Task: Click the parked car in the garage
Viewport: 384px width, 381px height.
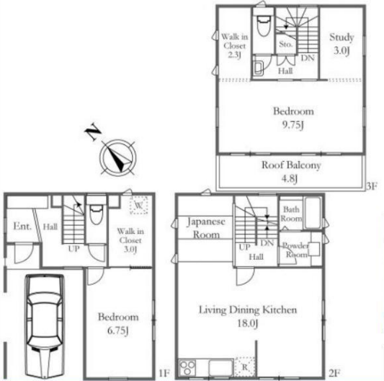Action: pyautogui.click(x=45, y=326)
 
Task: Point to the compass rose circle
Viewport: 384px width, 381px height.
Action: pyautogui.click(x=118, y=158)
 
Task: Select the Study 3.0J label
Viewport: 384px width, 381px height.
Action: pyautogui.click(x=341, y=44)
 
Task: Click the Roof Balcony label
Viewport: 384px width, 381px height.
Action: pyautogui.click(x=291, y=165)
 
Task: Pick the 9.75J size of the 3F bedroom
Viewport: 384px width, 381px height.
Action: pyautogui.click(x=293, y=125)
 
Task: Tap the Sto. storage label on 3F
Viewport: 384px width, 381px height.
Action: pyautogui.click(x=286, y=45)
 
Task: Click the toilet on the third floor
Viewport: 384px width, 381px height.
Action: pyautogui.click(x=263, y=25)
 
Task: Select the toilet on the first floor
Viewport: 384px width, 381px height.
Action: pyautogui.click(x=96, y=214)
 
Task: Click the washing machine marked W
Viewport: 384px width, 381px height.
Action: pyautogui.click(x=138, y=205)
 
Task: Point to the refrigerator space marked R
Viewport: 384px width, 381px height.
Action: pyautogui.click(x=244, y=367)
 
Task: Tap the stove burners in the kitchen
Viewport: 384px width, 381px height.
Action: pyautogui.click(x=187, y=367)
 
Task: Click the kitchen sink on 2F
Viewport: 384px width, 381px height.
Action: pyautogui.click(x=221, y=368)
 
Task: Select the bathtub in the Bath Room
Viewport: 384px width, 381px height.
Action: pyautogui.click(x=312, y=212)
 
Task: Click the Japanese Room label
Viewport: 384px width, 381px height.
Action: pyautogui.click(x=206, y=228)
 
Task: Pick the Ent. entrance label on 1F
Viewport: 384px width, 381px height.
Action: pyautogui.click(x=22, y=226)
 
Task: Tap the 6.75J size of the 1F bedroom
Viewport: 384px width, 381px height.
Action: pyautogui.click(x=118, y=330)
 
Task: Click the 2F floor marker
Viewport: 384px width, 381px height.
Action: pyautogui.click(x=334, y=373)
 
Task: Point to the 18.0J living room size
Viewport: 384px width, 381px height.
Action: pyautogui.click(x=247, y=323)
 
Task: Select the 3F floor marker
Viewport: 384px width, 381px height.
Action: pyautogui.click(x=371, y=186)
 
